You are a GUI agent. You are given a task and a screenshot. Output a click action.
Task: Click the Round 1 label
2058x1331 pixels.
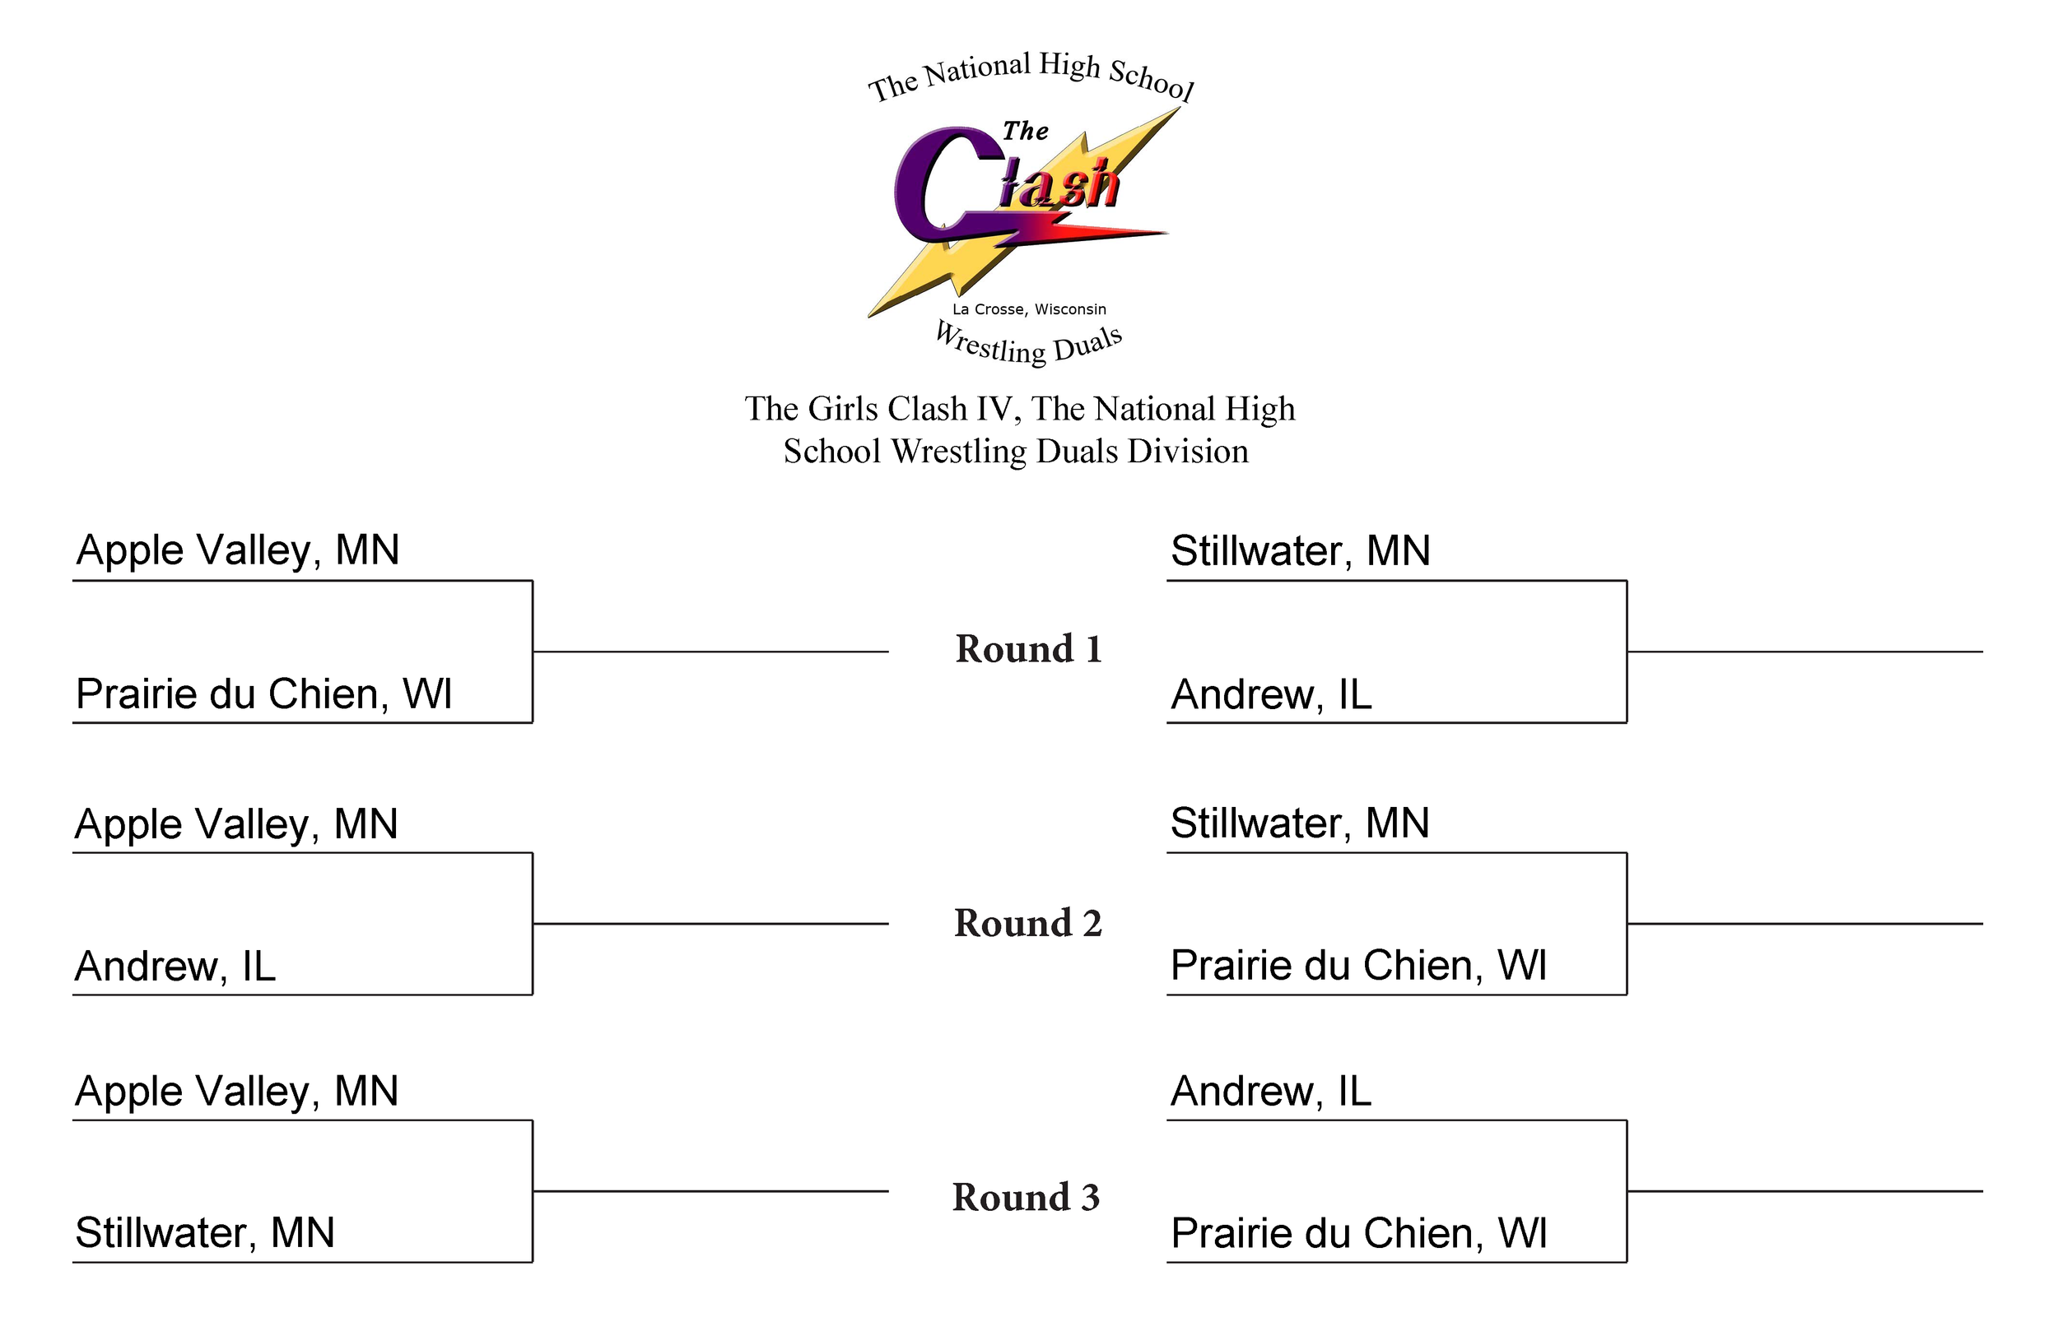[1028, 649]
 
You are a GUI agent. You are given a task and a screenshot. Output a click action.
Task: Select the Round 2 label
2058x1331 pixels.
[1028, 923]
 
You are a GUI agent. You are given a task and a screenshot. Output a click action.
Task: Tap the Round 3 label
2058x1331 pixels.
[1026, 1197]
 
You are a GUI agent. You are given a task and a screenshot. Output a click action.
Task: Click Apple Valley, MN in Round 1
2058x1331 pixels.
[238, 550]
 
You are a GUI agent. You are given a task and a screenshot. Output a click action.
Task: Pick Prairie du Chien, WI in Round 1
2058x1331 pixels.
[263, 694]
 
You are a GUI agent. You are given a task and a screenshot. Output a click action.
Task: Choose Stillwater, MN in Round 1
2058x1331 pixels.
[1300, 550]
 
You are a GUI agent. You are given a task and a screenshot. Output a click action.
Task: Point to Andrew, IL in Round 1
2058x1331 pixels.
[1270, 694]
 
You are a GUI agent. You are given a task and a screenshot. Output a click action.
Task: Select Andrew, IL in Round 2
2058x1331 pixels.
[175, 967]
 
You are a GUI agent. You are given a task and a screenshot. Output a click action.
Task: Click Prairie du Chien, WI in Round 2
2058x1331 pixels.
[1357, 966]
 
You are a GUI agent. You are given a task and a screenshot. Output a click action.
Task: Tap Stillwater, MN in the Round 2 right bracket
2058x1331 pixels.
[1299, 823]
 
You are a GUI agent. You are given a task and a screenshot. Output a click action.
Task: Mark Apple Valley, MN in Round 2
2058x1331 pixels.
[236, 823]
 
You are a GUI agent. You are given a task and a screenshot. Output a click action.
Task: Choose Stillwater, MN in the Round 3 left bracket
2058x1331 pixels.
[204, 1233]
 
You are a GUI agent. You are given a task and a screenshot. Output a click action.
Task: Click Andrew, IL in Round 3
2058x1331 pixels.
[1270, 1091]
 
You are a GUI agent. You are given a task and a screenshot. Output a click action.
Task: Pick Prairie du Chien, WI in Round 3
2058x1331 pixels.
[1357, 1233]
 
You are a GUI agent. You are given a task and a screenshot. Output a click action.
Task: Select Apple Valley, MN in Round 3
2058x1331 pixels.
[236, 1091]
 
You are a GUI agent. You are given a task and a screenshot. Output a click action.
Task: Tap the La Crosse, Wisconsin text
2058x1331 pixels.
[1029, 309]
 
